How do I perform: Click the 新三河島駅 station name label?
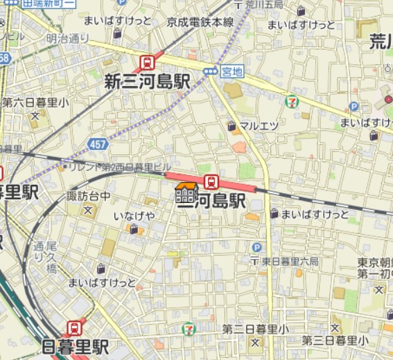click(x=147, y=82)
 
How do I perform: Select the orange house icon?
click(x=186, y=192)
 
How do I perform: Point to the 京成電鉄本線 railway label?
click(x=200, y=22)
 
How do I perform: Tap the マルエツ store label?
click(x=259, y=125)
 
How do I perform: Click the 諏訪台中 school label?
click(x=88, y=196)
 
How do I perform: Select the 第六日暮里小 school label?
click(x=35, y=102)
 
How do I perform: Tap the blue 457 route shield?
click(x=98, y=144)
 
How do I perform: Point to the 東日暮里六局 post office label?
click(x=289, y=261)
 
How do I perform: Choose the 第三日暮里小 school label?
click(x=335, y=340)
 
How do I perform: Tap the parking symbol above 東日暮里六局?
click(x=258, y=247)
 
